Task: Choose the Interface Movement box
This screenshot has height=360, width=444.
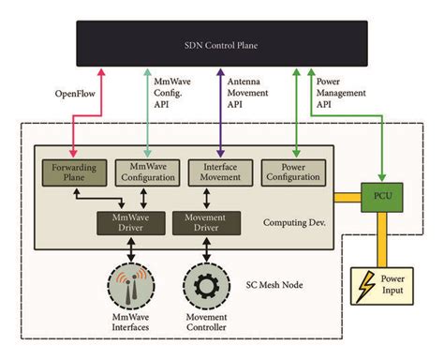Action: coord(221,173)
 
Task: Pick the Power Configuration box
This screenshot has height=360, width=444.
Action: coord(296,173)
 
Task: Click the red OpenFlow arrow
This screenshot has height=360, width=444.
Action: coord(92,108)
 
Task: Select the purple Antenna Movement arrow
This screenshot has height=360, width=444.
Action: coord(221,108)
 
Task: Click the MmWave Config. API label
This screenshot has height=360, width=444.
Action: coord(172,93)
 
